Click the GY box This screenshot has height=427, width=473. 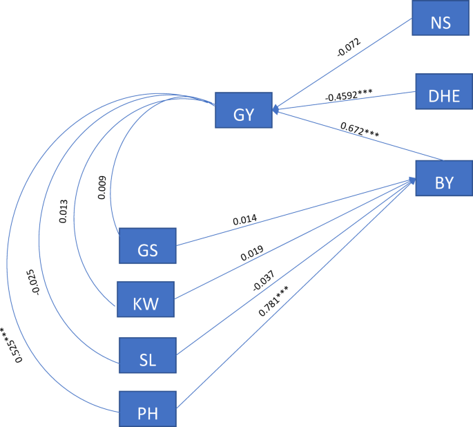(x=243, y=110)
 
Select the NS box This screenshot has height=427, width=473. (x=441, y=18)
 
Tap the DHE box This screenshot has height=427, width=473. (x=443, y=91)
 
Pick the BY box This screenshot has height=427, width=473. (x=444, y=178)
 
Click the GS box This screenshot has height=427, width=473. (x=147, y=245)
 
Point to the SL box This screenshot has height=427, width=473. (x=147, y=355)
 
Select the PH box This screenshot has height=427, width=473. (x=147, y=410)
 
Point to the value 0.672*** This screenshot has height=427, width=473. (x=359, y=130)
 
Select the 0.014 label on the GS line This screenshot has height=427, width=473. (x=246, y=220)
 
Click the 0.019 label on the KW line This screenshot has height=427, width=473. (x=253, y=252)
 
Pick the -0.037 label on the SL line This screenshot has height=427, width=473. (x=263, y=280)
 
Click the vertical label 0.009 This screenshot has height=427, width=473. (x=102, y=187)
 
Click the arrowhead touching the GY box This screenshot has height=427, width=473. (x=276, y=109)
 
